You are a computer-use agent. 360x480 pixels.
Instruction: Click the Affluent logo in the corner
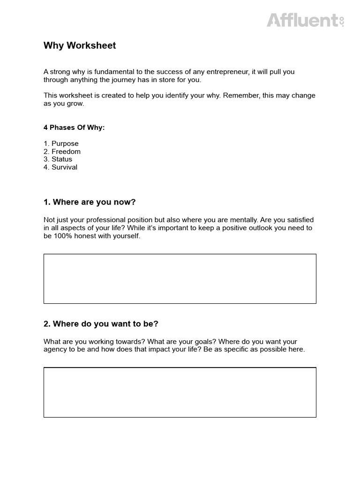tap(305, 20)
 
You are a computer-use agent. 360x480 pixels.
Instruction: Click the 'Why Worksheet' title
tap(80, 45)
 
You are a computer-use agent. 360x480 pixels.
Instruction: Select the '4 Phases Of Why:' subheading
tap(74, 127)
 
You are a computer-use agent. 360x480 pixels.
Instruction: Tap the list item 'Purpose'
tap(65, 143)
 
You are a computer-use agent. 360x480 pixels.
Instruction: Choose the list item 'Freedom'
tap(66, 151)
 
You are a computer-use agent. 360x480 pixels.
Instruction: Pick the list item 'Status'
tap(62, 159)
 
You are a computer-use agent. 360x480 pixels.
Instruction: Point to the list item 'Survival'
tap(64, 167)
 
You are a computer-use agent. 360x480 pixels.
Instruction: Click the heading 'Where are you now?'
tap(90, 202)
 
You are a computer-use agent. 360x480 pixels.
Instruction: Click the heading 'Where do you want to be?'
tap(101, 324)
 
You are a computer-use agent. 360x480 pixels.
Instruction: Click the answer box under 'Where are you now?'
tap(180, 278)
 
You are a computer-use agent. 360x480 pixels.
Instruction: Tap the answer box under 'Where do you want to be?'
tap(180, 392)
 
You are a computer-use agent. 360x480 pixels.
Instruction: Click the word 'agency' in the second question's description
tap(55, 350)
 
